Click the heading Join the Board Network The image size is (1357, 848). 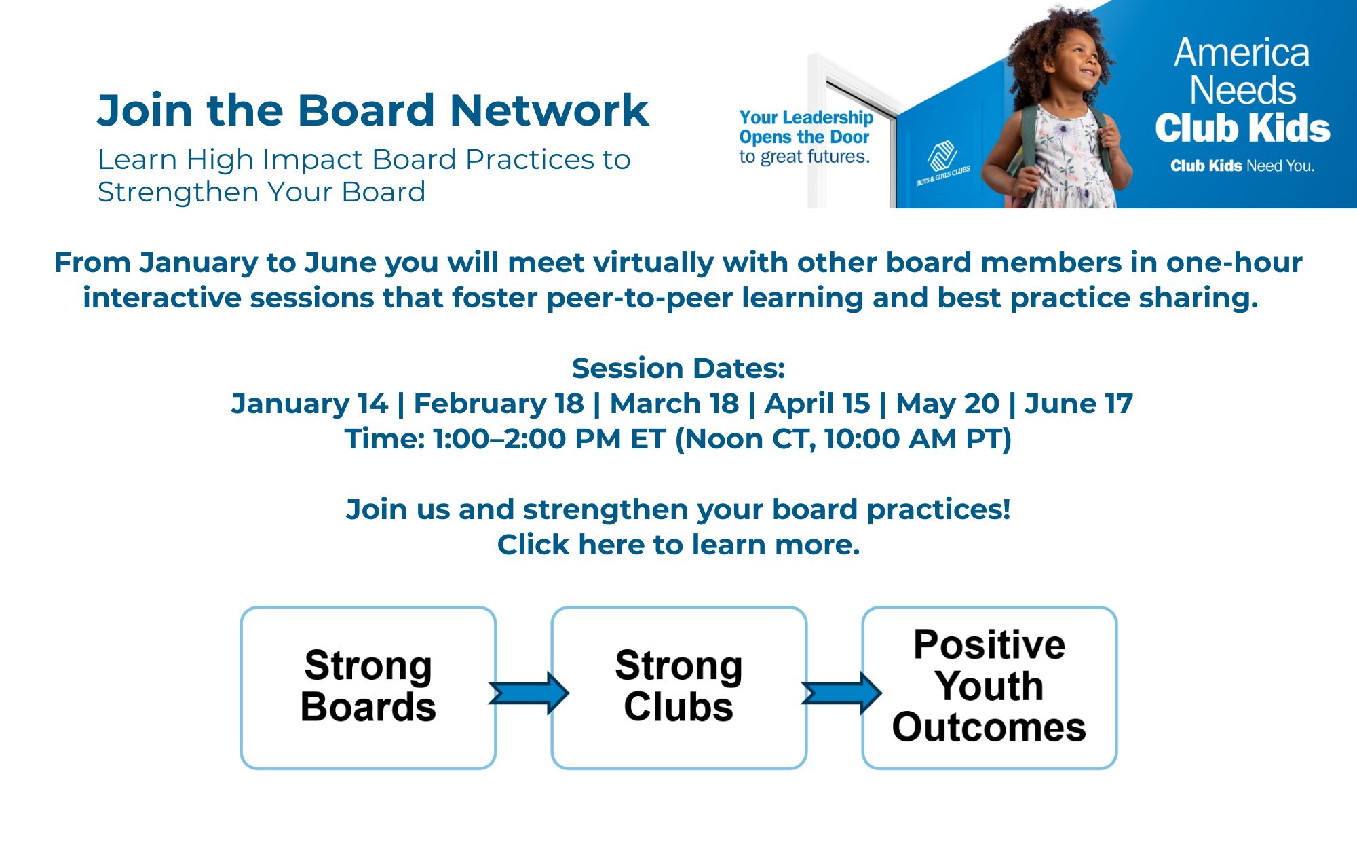(x=373, y=111)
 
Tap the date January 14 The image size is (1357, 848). (x=309, y=404)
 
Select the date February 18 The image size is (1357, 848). (x=499, y=404)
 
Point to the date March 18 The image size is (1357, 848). (x=674, y=404)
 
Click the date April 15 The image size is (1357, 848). (x=817, y=404)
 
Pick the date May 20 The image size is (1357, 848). (x=948, y=404)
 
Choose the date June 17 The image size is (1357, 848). (x=1079, y=404)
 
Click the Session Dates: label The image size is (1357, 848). (x=678, y=368)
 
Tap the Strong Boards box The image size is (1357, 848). (x=368, y=687)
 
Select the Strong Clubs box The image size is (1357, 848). (x=679, y=687)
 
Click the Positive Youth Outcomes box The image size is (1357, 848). (x=989, y=687)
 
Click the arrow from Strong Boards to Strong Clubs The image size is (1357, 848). (x=529, y=693)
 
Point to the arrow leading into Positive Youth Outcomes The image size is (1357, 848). (x=841, y=693)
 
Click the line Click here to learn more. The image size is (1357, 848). (x=678, y=545)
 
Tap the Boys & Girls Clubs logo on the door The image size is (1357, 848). (x=943, y=163)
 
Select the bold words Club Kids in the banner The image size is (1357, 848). (x=1242, y=128)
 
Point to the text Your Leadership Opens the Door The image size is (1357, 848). (x=806, y=127)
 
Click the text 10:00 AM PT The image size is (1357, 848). (x=911, y=439)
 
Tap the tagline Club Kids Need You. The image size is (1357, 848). (x=1242, y=166)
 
